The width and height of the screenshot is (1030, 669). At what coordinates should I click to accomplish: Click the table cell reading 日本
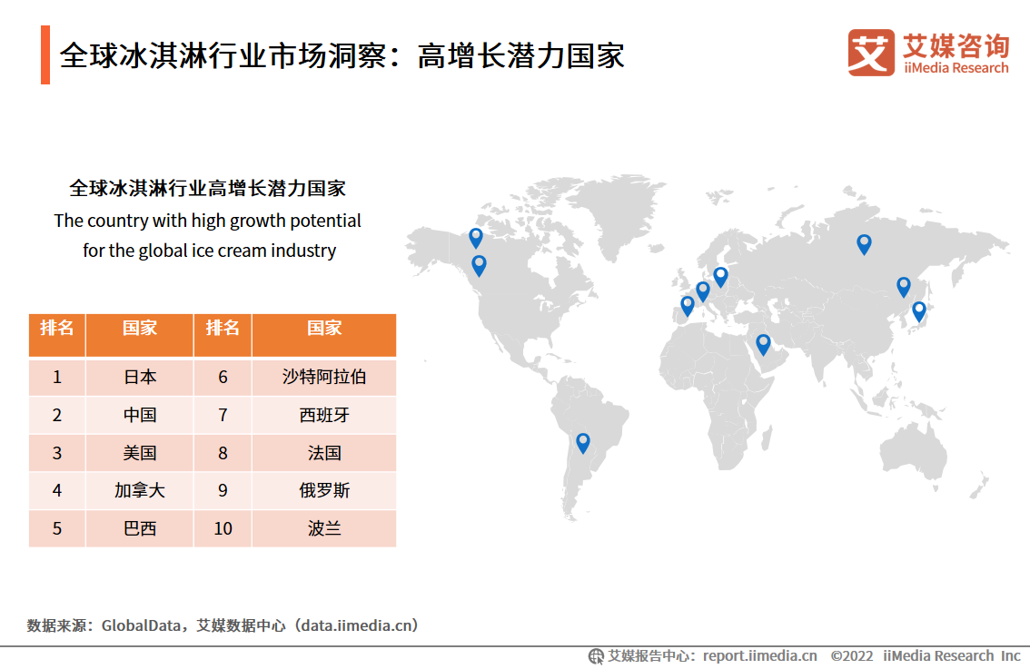(x=139, y=377)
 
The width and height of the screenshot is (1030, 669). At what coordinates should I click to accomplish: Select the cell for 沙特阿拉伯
(x=324, y=377)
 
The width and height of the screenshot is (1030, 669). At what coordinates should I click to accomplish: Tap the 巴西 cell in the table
(x=139, y=528)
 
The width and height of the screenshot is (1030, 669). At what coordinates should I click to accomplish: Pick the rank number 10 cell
(x=223, y=528)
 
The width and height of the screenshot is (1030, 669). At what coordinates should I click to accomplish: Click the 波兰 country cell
(x=324, y=528)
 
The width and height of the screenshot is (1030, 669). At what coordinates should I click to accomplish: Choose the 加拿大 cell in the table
(x=139, y=490)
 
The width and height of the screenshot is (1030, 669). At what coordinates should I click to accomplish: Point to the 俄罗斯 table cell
(x=324, y=490)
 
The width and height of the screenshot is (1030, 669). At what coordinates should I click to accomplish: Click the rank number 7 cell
(x=223, y=415)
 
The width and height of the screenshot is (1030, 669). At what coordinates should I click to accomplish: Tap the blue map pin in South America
(x=582, y=442)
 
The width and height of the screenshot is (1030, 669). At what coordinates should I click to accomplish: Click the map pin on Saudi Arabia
(x=763, y=344)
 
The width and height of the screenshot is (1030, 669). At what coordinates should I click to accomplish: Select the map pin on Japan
(x=919, y=311)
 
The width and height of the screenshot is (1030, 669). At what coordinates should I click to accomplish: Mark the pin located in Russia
(x=864, y=243)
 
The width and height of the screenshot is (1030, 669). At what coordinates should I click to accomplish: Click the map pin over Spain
(x=687, y=305)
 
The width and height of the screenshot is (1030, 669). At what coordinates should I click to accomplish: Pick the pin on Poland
(x=720, y=276)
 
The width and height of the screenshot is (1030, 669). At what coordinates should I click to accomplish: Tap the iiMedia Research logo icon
(x=871, y=53)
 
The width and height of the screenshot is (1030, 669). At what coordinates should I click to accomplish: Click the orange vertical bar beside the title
(x=45, y=54)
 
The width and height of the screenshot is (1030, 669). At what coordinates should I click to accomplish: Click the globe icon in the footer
(x=596, y=656)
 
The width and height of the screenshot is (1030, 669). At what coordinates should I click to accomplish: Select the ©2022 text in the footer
(x=852, y=656)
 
